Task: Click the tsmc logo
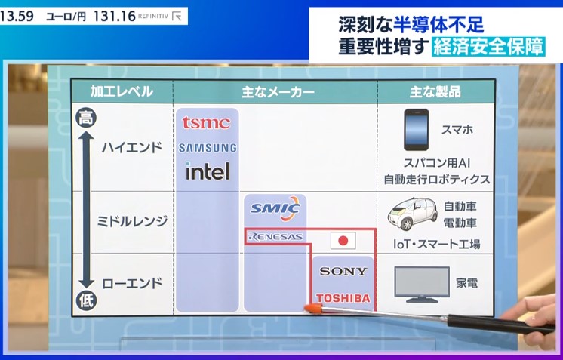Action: [206, 123]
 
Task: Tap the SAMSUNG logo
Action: [208, 148]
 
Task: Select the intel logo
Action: [208, 171]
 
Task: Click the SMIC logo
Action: [275, 208]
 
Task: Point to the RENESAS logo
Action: [275, 237]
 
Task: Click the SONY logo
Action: [343, 272]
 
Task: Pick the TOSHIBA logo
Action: [343, 298]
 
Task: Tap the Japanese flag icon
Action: [343, 241]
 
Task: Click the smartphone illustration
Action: [416, 130]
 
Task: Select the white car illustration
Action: [413, 214]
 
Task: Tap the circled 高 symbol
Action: [86, 118]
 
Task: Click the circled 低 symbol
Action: [86, 300]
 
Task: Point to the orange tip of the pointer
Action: [312, 308]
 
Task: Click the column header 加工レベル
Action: [122, 91]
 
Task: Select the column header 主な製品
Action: [435, 92]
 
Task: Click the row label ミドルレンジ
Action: [132, 221]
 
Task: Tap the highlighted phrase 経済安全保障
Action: [488, 46]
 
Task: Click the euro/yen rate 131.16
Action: [114, 16]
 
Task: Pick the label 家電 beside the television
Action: [466, 283]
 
